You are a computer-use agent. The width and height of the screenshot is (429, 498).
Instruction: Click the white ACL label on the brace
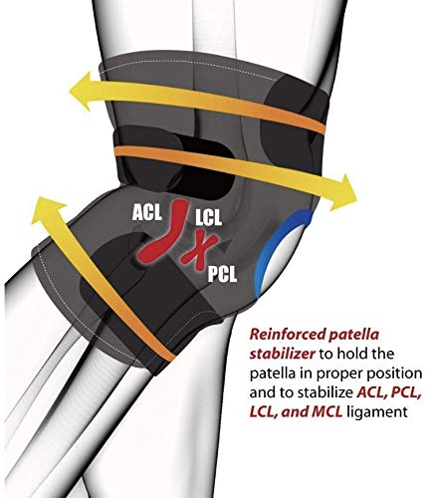point(147,212)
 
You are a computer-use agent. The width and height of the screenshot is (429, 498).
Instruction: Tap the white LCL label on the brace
point(208,218)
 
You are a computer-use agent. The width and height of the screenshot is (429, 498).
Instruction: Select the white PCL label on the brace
point(222,274)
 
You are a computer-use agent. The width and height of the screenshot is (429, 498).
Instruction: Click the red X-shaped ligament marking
point(199,251)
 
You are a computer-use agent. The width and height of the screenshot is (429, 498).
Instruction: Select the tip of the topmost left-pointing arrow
point(69,89)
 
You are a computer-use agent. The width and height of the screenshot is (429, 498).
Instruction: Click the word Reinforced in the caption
point(288,334)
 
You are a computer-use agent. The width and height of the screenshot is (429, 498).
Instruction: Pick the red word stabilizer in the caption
point(282,354)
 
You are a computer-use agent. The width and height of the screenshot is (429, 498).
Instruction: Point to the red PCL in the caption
point(407,393)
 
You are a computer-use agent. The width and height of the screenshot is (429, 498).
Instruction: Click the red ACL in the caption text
point(372,393)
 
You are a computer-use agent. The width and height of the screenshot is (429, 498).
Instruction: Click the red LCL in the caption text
point(264,412)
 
